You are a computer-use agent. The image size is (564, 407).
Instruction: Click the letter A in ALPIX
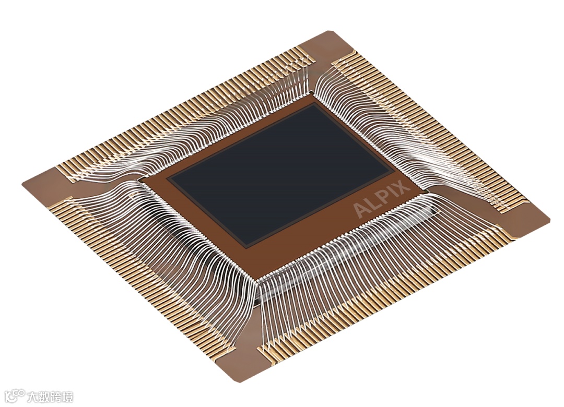tap(361, 210)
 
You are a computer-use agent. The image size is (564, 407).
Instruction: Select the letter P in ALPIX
tap(383, 197)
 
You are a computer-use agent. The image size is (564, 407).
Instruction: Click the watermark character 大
tap(32, 397)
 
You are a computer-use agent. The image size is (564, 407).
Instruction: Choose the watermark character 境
tap(67, 397)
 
